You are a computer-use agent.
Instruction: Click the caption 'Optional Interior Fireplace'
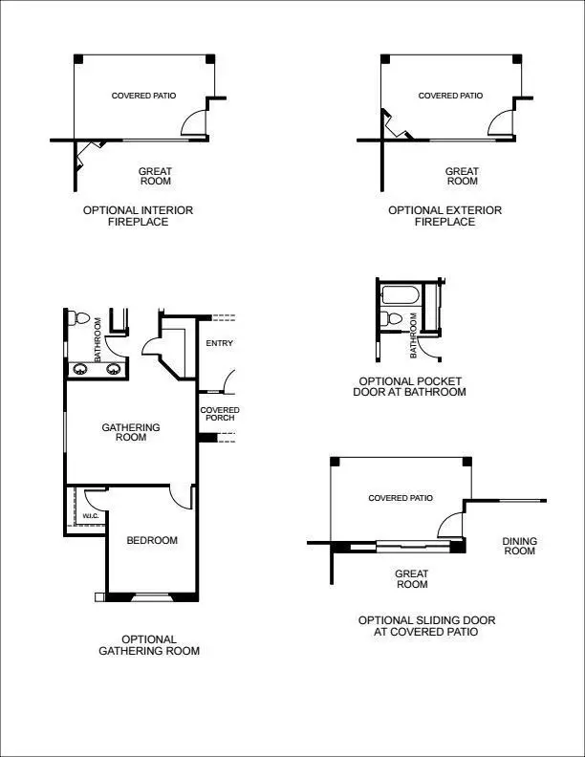138,216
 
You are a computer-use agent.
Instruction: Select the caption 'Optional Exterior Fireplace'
444,216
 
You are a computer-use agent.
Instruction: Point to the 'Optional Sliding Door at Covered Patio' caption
426,626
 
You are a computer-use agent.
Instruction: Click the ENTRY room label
219,343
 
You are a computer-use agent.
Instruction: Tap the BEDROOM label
153,540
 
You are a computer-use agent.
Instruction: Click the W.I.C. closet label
91,516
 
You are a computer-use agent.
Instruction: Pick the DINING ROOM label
519,546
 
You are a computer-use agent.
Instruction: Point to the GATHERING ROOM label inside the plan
131,432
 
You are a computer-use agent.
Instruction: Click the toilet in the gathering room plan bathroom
80,319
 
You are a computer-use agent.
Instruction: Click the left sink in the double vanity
78,369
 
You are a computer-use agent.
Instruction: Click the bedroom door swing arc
180,496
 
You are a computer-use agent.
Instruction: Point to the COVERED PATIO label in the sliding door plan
401,498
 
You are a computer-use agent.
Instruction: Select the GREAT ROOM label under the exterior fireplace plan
462,176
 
